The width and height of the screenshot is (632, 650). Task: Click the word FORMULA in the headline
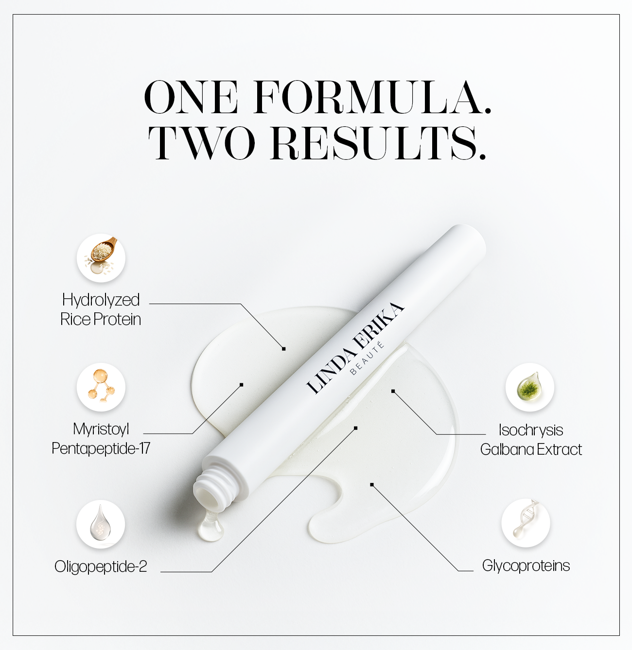coord(372,97)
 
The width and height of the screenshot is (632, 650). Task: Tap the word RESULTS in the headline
coord(378,143)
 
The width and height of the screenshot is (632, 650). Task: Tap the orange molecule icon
coord(101,387)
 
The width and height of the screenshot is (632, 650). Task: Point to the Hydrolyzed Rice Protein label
coord(101,309)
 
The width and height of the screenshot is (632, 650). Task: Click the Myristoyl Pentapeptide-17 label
coord(101,439)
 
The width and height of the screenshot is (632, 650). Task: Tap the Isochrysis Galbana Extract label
coord(531,440)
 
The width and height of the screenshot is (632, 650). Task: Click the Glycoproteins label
coord(526,565)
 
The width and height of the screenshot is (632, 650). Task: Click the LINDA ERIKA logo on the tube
coord(355,347)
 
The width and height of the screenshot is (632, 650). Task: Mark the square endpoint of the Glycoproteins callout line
coord(371,484)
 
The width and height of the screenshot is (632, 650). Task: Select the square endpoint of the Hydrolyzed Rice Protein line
coord(284,349)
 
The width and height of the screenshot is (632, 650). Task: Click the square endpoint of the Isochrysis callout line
coord(393,391)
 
